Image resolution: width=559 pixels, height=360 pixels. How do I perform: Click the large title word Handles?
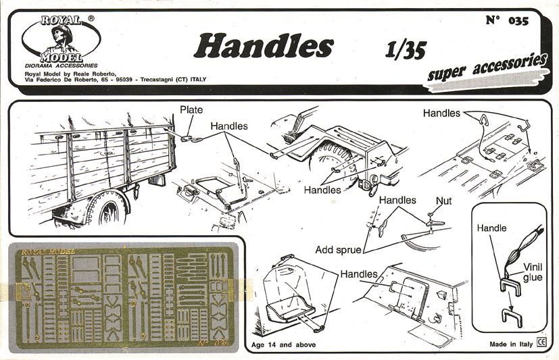point(264,46)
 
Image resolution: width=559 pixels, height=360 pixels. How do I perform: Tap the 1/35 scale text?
point(406,49)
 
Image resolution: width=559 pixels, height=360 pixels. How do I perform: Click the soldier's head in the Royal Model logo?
point(62,33)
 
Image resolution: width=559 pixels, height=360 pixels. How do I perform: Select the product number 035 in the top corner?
point(518,21)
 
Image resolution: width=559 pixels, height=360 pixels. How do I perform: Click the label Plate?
point(191,109)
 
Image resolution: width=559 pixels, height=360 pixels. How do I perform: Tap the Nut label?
point(444,201)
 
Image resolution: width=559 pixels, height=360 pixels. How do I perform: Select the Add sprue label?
point(338,250)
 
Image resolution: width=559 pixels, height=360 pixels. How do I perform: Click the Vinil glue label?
point(533,272)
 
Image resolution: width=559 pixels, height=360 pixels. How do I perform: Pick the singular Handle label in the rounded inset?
point(491,228)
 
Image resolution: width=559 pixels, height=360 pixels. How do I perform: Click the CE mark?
point(541,342)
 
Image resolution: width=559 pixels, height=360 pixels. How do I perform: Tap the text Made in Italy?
point(511,344)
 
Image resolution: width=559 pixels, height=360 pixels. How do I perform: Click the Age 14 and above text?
point(283,344)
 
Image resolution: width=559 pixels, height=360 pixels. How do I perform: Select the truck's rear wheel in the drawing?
point(108,210)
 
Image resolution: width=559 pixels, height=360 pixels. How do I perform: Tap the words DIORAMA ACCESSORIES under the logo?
point(61,66)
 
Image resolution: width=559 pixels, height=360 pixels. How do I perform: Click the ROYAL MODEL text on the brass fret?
point(48,252)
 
